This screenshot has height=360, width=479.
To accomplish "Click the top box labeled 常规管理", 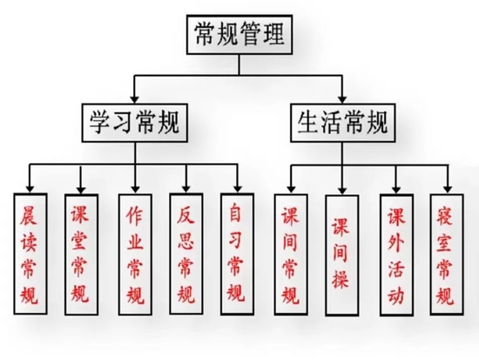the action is coord(239,35).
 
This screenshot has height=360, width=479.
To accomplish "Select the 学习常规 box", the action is coord(135,123).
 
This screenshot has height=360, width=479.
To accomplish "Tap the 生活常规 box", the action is coord(343,123).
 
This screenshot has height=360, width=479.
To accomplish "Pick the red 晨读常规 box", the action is coord(30,254).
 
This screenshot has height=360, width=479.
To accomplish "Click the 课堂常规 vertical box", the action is coord(81,255).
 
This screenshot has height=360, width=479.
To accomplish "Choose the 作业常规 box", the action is coord(135,255).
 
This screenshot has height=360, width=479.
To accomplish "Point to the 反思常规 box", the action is coord(186,254).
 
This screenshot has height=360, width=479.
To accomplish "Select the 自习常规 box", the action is coord(238,254).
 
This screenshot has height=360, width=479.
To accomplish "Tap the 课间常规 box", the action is coord(291,255).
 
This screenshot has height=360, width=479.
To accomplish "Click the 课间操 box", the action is coord(342,255).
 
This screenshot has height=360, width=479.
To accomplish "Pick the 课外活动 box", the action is coord(397,255).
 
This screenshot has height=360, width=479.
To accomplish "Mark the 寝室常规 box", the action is coord(447,255).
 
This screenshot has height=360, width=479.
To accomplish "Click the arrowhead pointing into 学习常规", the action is coord(134,99).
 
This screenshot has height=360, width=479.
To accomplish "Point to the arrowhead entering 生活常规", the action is coord(342,99).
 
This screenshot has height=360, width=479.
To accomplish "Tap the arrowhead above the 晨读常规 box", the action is coord(30,189).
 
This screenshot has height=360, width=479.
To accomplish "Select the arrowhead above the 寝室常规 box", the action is coord(448,189).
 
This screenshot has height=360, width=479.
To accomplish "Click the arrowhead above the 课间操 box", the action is coord(342,190).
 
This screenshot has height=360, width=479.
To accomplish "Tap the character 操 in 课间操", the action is coord(341,279).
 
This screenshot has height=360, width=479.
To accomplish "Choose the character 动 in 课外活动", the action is coord(396,296).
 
